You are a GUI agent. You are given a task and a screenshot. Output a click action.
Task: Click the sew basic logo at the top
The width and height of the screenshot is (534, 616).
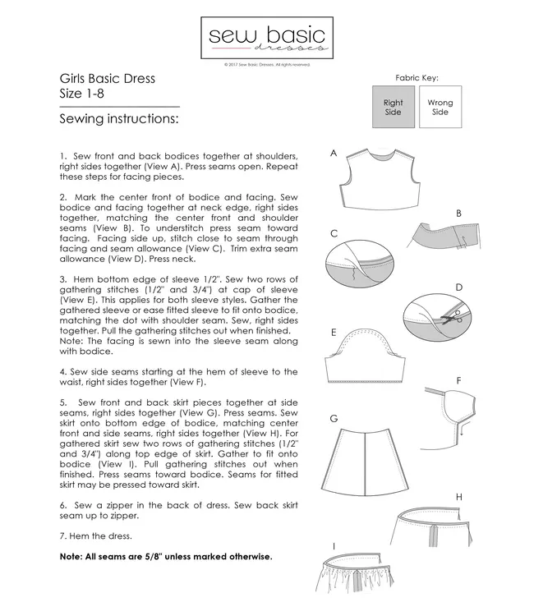point(266,39)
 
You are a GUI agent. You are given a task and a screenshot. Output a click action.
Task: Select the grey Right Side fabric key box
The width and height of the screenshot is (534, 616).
point(393,108)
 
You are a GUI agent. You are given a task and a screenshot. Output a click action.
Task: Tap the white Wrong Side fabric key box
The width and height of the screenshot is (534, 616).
point(440,108)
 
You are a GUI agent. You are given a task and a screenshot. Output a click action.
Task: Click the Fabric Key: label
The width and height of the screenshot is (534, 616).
point(417,78)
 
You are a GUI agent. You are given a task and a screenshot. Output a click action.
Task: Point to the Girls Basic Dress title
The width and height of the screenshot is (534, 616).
point(108,80)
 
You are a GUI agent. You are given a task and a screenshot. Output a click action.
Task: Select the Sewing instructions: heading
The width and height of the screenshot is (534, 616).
point(119,120)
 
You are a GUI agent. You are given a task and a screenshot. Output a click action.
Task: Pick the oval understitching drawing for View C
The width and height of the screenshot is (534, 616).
point(364,266)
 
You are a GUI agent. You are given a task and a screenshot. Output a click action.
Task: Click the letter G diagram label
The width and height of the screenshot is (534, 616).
point(334,418)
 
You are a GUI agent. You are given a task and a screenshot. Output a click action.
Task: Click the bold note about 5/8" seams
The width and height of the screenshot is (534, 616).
point(165,557)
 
